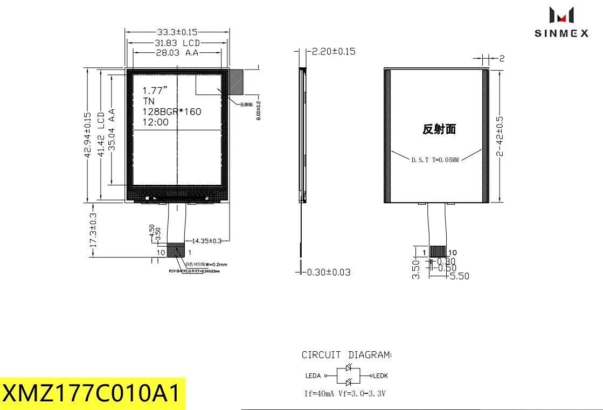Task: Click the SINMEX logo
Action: tap(561, 22)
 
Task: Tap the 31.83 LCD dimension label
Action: tap(177, 43)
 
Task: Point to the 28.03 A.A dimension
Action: tap(177, 53)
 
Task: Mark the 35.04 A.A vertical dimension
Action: tap(112, 129)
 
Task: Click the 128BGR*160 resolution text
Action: tap(171, 112)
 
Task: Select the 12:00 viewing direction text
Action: tap(155, 122)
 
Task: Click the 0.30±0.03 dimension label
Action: tap(328, 272)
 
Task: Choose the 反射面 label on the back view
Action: tap(439, 129)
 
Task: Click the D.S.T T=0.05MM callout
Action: tap(435, 160)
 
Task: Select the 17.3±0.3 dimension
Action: tap(93, 230)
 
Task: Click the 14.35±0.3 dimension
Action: tap(207, 240)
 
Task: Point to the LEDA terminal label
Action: tap(313, 376)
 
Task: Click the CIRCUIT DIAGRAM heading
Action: tap(346, 355)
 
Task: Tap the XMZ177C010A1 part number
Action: tap(92, 393)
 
